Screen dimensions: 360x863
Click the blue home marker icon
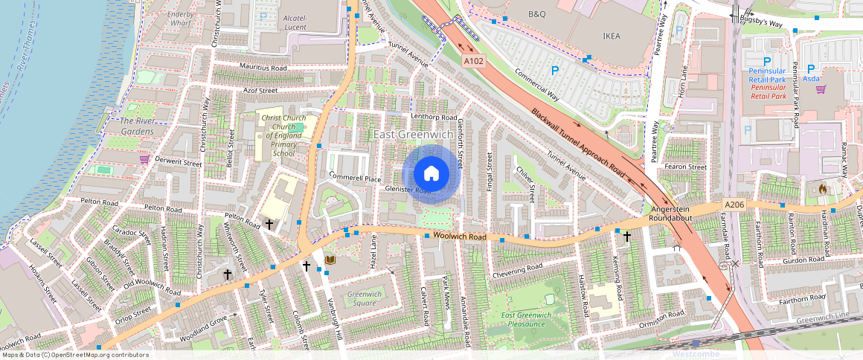[431, 174]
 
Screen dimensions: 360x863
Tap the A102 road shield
[472, 61]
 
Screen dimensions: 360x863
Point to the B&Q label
[536, 14]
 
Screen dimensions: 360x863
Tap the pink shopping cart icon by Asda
[821, 89]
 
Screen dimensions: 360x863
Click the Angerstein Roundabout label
[672, 214]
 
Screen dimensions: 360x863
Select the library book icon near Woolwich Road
[330, 260]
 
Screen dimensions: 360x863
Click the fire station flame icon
[822, 190]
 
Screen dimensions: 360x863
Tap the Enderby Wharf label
[179, 19]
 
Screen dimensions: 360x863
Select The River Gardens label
[137, 126]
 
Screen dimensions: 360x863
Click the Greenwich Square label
[365, 298]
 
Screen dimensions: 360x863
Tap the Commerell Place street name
[355, 179]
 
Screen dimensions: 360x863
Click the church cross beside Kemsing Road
[626, 237]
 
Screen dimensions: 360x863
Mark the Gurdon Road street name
[803, 259]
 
